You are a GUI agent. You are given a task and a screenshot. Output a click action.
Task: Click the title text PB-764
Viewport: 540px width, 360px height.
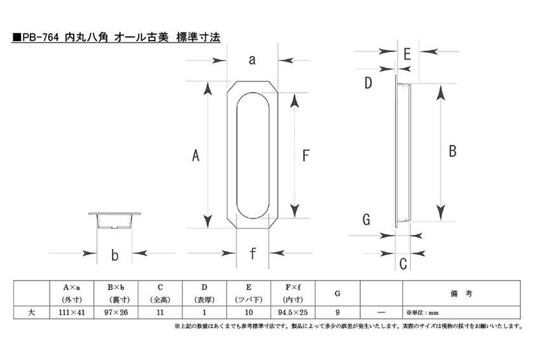pos(40,37)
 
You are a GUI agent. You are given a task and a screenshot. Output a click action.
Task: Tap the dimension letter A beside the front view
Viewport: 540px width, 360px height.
pos(196,155)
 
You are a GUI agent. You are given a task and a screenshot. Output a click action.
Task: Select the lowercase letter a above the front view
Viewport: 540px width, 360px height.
pos(252,60)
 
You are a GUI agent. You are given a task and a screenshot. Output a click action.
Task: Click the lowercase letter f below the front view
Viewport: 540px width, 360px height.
pos(253,253)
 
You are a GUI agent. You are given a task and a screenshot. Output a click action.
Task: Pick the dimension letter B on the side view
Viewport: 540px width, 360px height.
pos(452,151)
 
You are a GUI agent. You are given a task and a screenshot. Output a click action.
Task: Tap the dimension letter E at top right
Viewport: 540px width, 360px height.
pos(407,54)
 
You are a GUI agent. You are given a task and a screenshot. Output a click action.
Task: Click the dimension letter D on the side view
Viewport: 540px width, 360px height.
pos(368,83)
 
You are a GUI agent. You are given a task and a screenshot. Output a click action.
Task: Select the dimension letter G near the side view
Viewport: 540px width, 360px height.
pos(367,219)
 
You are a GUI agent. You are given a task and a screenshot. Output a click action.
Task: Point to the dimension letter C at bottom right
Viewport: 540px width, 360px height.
pos(403,264)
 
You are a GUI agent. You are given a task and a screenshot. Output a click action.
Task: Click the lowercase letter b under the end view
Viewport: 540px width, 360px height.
pos(115,255)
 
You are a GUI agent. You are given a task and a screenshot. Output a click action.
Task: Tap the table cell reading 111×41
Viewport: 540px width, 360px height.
pos(72,312)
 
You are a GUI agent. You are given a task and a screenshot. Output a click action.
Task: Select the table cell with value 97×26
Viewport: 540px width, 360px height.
pos(116,312)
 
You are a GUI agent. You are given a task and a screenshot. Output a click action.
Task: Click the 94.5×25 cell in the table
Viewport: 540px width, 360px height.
pos(293,312)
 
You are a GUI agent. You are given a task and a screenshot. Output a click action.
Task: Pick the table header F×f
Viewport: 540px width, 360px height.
pos(293,287)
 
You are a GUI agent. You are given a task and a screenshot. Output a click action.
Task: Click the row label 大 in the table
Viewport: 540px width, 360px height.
pos(31,312)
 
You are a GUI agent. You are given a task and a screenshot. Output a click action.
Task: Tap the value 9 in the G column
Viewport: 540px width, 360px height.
pos(337,312)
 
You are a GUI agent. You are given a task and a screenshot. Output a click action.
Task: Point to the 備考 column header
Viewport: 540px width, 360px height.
pos(461,293)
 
